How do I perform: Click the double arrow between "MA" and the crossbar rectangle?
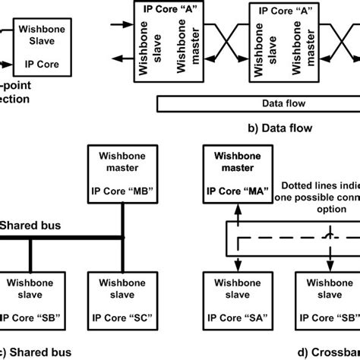[238, 216]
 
